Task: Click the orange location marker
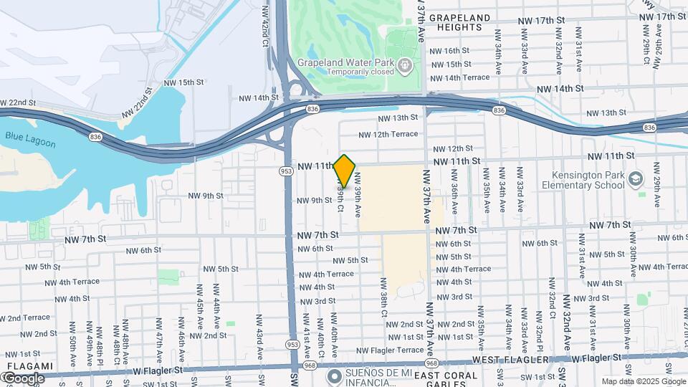(x=345, y=171)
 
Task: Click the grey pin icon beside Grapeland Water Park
(x=406, y=66)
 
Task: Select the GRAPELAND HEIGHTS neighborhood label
(x=460, y=22)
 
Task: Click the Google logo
(x=23, y=378)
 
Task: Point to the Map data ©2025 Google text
(x=643, y=381)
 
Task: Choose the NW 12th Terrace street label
(x=388, y=134)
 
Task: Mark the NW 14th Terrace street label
(x=459, y=77)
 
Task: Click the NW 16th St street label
(x=449, y=51)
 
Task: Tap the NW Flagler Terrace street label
(x=390, y=350)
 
